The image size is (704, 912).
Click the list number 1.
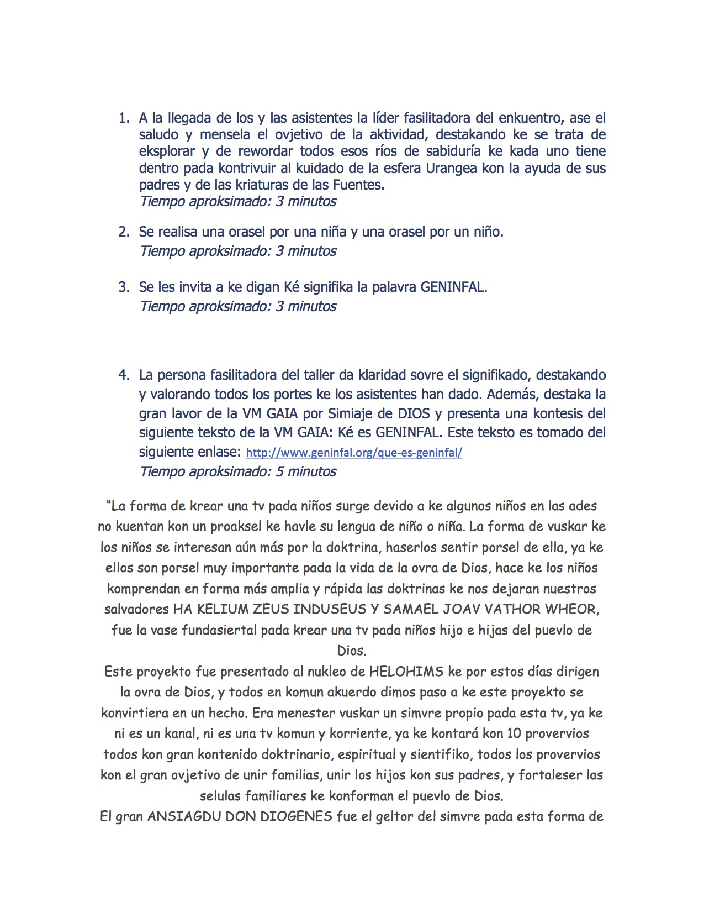(x=123, y=118)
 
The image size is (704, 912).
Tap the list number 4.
(x=123, y=375)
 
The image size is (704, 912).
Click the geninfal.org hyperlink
(x=353, y=453)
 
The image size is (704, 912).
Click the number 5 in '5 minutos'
(x=279, y=471)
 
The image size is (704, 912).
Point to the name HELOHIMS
(x=406, y=672)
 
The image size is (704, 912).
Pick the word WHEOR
(x=571, y=609)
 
